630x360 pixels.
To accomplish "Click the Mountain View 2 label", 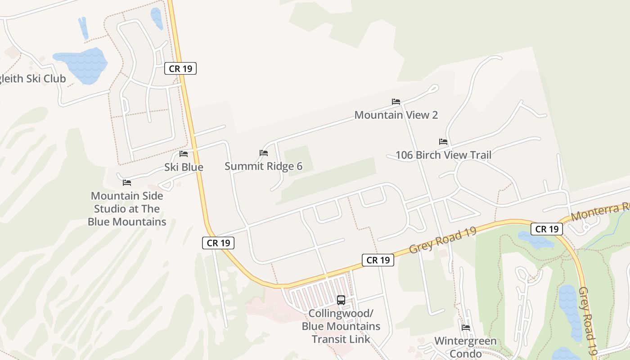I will [396, 115].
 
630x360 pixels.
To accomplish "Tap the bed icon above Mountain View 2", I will [396, 102].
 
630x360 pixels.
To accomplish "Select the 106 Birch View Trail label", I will [443, 155].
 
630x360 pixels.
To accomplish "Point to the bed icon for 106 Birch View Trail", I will [443, 142].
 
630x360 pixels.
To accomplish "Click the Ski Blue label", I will [184, 167].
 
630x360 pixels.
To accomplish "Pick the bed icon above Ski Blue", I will [184, 154].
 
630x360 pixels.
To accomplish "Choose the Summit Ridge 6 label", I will [263, 166].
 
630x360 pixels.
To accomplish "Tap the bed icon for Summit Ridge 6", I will [264, 153].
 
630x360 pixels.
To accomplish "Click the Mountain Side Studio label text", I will [127, 209].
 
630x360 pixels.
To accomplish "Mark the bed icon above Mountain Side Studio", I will [127, 183].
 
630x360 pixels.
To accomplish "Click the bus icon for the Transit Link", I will [341, 300].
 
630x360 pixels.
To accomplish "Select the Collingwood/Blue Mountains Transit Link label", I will [341, 326].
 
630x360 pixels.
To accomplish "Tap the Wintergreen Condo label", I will [466, 347].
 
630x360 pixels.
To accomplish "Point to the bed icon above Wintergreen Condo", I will [466, 328].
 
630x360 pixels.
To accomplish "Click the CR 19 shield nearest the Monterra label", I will [547, 229].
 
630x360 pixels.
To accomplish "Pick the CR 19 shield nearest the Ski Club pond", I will [180, 69].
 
